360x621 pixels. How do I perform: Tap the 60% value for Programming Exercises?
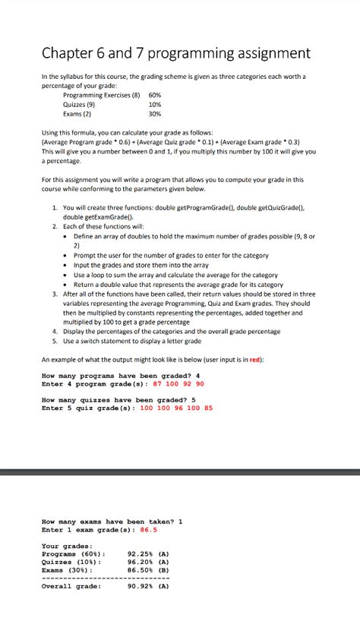click(x=155, y=95)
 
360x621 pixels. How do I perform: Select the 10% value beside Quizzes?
click(x=155, y=105)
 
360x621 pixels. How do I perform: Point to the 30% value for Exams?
click(x=155, y=114)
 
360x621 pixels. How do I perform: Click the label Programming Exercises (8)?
click(x=102, y=95)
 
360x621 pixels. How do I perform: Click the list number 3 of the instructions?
click(x=55, y=294)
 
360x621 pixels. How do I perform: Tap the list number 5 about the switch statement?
click(x=55, y=340)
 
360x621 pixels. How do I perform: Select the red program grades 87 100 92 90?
click(x=179, y=384)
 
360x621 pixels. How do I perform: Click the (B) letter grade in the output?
click(x=163, y=569)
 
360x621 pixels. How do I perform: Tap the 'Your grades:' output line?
click(x=67, y=546)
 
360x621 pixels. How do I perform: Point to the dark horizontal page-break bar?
click(x=180, y=472)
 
